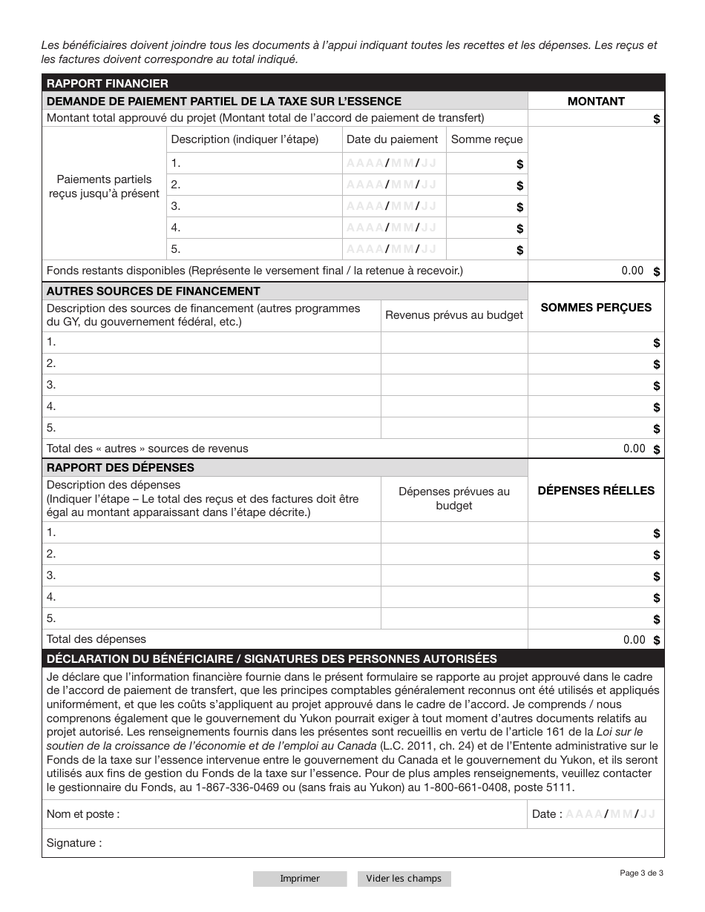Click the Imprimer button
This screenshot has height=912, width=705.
coord(299,879)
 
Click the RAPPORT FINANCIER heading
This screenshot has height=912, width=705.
coord(108,83)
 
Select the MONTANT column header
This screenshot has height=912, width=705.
coord(596,101)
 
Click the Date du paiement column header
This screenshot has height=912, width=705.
coord(393,139)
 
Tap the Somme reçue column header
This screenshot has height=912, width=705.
coord(487,139)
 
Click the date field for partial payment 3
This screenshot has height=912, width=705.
coord(392,206)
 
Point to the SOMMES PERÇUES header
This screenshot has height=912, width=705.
coord(596,307)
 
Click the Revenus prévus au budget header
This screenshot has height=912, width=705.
coord(454,315)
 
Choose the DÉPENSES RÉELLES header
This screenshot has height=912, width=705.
coord(596,490)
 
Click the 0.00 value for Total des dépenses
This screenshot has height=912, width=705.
coord(634,640)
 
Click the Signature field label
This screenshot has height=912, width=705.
coord(74,843)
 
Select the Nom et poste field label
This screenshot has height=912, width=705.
coord(83,814)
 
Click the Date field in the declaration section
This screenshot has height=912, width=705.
coord(610,814)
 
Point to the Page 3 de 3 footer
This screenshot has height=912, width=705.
coord(641,873)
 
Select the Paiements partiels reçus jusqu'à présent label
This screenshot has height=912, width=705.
coord(104,186)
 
